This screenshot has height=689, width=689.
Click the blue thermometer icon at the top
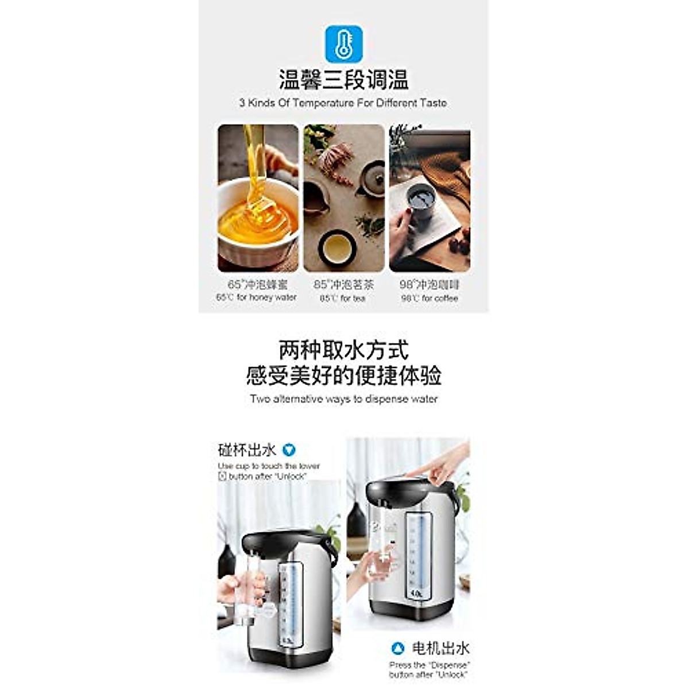343,43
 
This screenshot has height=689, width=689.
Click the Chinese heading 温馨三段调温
343,79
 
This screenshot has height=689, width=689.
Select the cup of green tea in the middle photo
336,248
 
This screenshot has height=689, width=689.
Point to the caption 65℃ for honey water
257,297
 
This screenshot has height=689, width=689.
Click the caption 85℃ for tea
343,298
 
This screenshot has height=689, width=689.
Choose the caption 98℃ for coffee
429,298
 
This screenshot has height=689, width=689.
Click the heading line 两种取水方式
343,350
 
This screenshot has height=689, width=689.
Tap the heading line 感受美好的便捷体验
343,376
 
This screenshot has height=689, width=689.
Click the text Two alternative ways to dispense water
343,399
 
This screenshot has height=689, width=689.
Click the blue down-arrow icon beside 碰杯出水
290,450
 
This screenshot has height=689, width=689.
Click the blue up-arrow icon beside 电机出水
397,649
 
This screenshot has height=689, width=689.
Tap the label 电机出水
440,649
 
